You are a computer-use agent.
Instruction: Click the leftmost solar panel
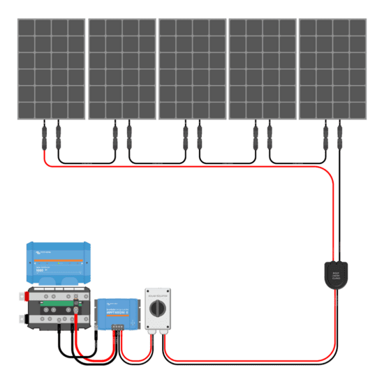pyautogui.click(x=51, y=68)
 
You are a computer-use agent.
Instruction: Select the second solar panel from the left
pyautogui.click(x=121, y=68)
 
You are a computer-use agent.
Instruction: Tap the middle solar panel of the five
pyautogui.click(x=192, y=68)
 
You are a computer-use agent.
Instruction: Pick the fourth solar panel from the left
pyautogui.click(x=263, y=68)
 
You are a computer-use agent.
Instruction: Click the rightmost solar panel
pyautogui.click(x=332, y=68)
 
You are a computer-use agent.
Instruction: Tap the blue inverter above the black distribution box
pyautogui.click(x=59, y=263)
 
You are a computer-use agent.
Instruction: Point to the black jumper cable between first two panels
pyautogui.click(x=86, y=162)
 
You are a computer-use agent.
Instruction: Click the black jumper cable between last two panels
pyautogui.click(x=297, y=162)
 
